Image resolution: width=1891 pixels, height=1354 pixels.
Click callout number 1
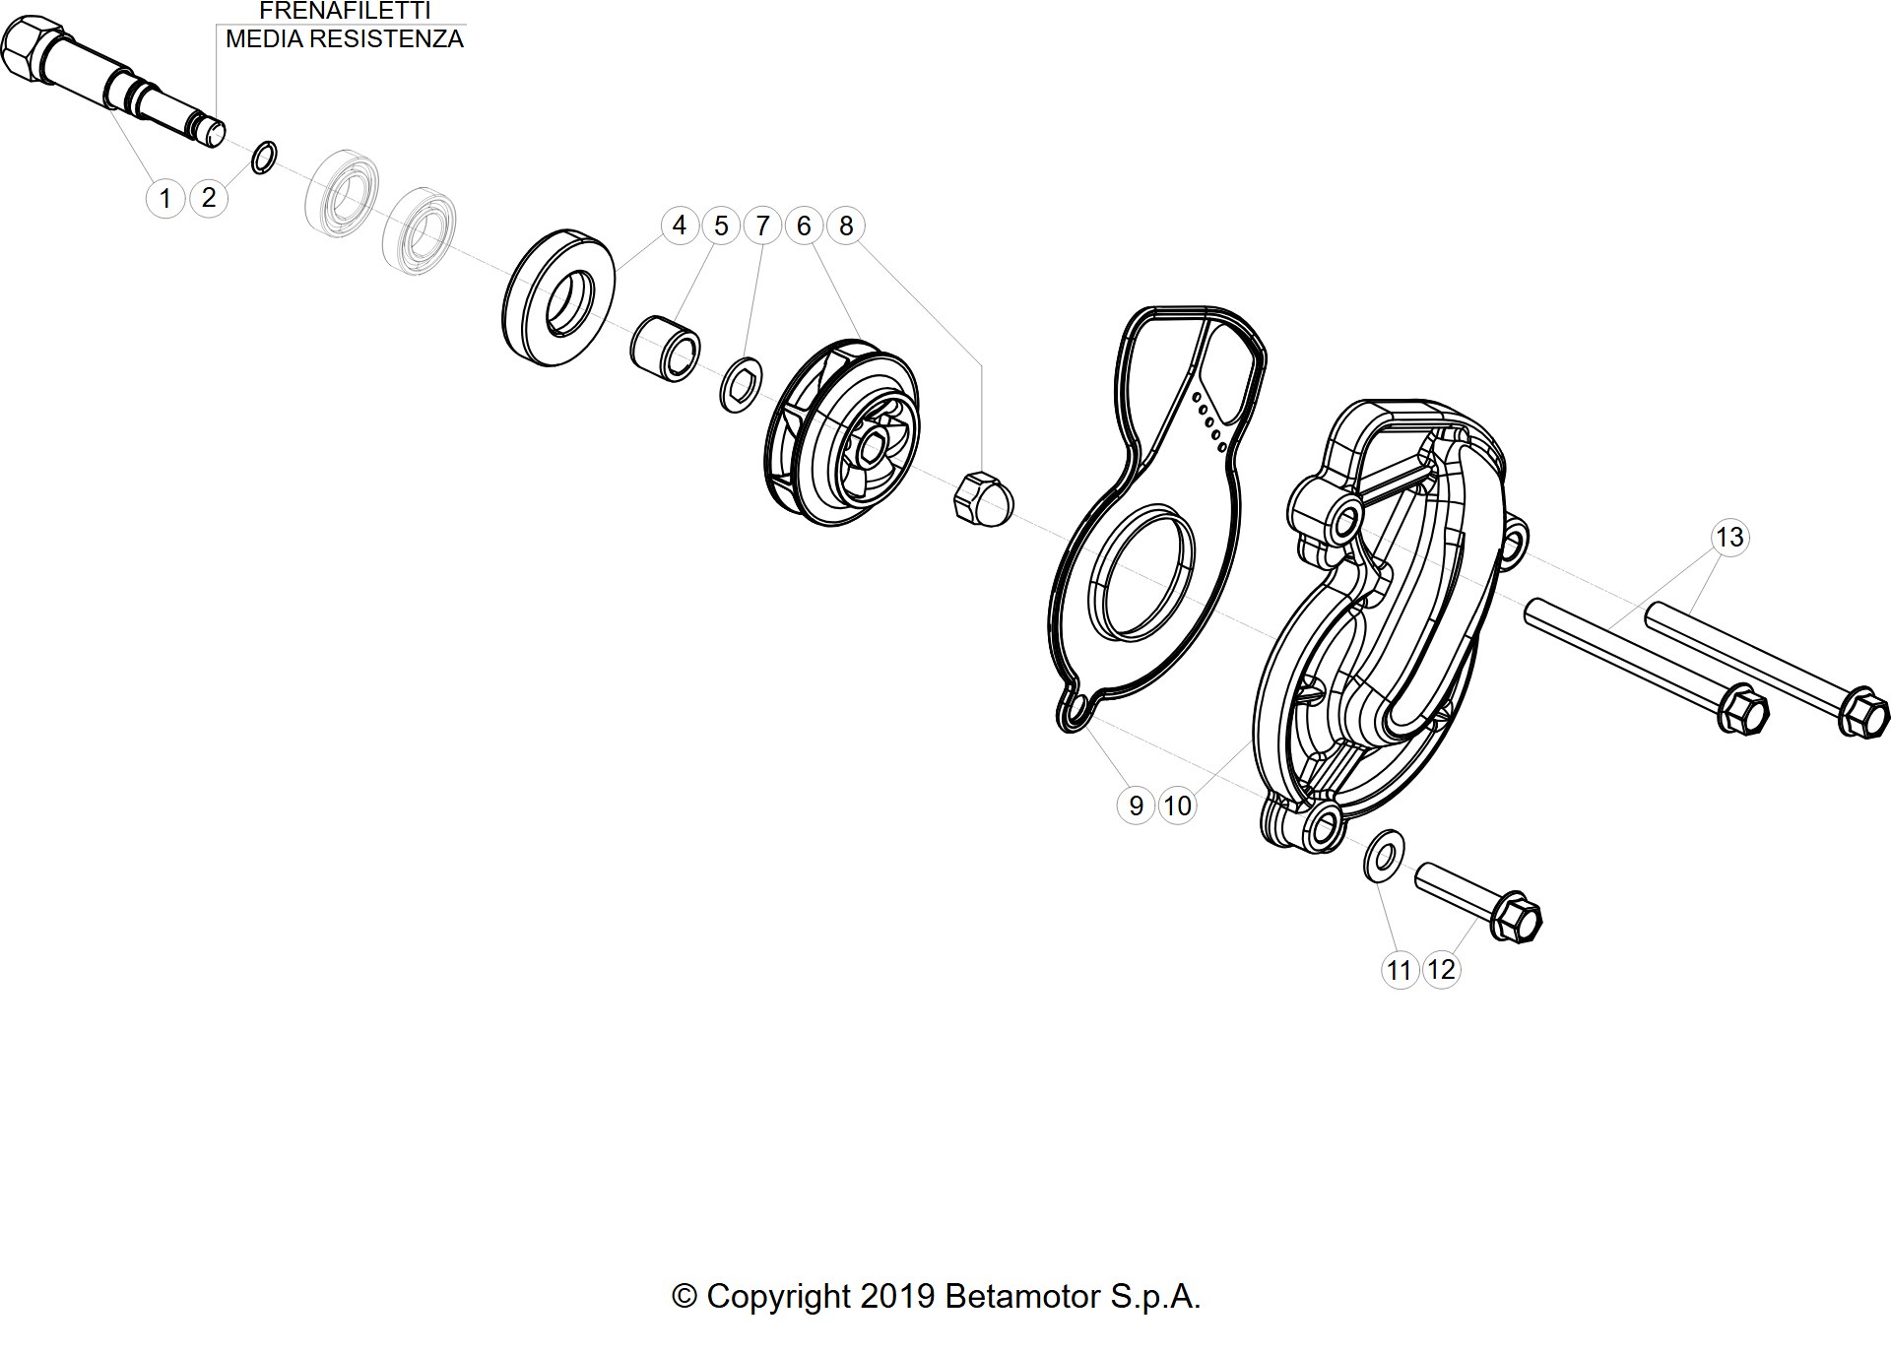(165, 198)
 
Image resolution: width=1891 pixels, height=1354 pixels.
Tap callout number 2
(208, 197)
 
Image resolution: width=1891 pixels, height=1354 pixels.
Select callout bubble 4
(679, 226)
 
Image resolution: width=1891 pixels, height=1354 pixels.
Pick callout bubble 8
(846, 226)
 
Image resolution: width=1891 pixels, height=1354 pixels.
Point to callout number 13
(1729, 537)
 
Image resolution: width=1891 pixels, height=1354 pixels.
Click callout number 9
(1136, 806)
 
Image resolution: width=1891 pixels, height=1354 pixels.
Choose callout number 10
(1177, 806)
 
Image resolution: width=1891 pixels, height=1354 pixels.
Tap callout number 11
(1399, 970)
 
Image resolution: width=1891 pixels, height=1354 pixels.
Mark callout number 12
(1441, 969)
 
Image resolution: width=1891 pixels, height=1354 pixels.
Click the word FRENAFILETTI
(345, 11)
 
